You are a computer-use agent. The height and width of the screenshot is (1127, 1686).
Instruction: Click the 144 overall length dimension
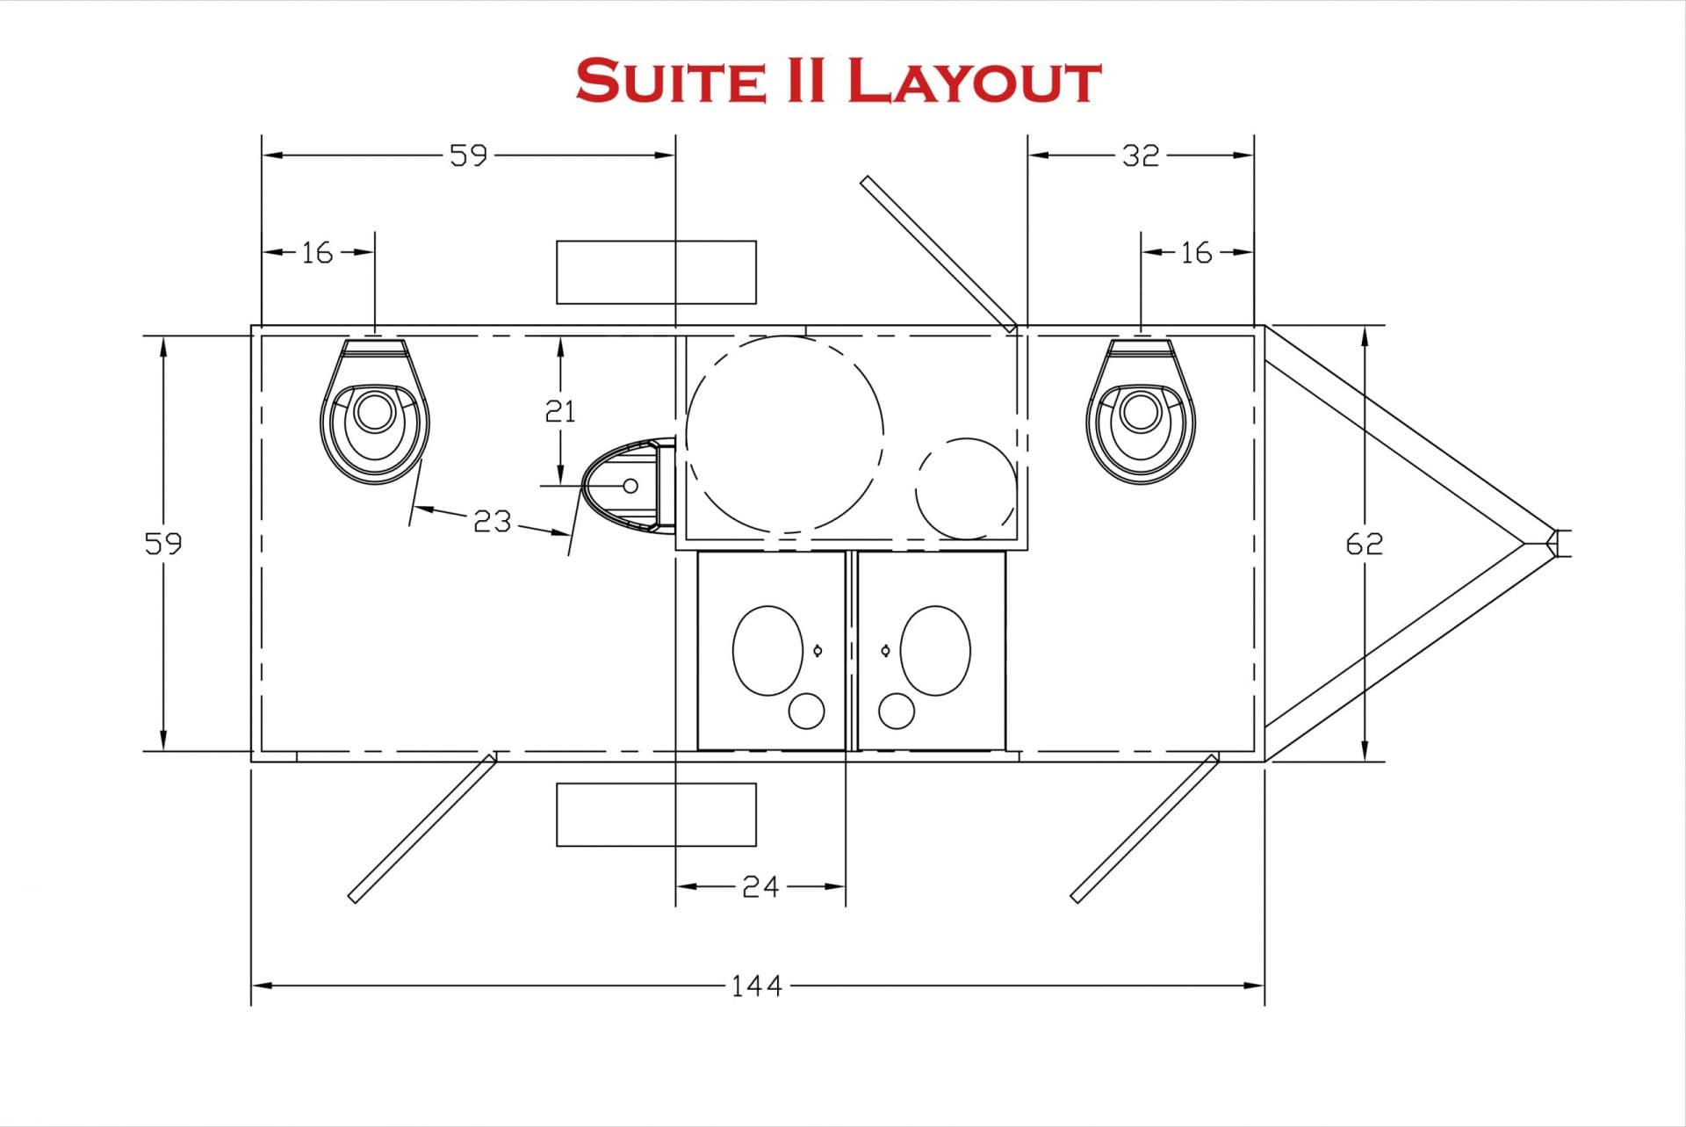click(x=756, y=986)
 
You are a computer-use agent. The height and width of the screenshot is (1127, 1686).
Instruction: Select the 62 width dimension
click(x=1364, y=544)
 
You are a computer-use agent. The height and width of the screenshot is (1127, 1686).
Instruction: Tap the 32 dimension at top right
click(x=1140, y=155)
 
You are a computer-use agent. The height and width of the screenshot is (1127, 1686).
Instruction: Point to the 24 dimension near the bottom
click(x=760, y=886)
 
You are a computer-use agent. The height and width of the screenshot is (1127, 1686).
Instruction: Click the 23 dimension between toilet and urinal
click(x=492, y=521)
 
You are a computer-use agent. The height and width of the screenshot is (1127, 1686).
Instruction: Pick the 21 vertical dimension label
click(x=560, y=410)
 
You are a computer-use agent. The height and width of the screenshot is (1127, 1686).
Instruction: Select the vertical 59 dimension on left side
click(x=163, y=544)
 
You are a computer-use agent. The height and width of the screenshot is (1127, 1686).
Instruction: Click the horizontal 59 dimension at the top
click(x=468, y=155)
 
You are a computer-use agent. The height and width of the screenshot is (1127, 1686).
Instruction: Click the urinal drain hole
click(x=630, y=485)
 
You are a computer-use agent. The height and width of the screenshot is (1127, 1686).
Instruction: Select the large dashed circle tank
click(x=784, y=436)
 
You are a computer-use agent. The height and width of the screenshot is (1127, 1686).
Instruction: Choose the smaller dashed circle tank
click(x=966, y=488)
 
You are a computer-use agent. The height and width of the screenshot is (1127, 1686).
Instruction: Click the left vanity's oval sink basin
click(x=767, y=651)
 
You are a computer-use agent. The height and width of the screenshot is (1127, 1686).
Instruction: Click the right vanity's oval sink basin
click(x=935, y=651)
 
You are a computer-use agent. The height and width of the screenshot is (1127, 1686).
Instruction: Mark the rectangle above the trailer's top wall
click(x=656, y=272)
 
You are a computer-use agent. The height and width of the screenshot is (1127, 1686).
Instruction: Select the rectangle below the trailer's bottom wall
click(x=656, y=814)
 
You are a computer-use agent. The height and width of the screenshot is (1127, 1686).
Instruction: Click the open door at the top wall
click(x=937, y=253)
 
